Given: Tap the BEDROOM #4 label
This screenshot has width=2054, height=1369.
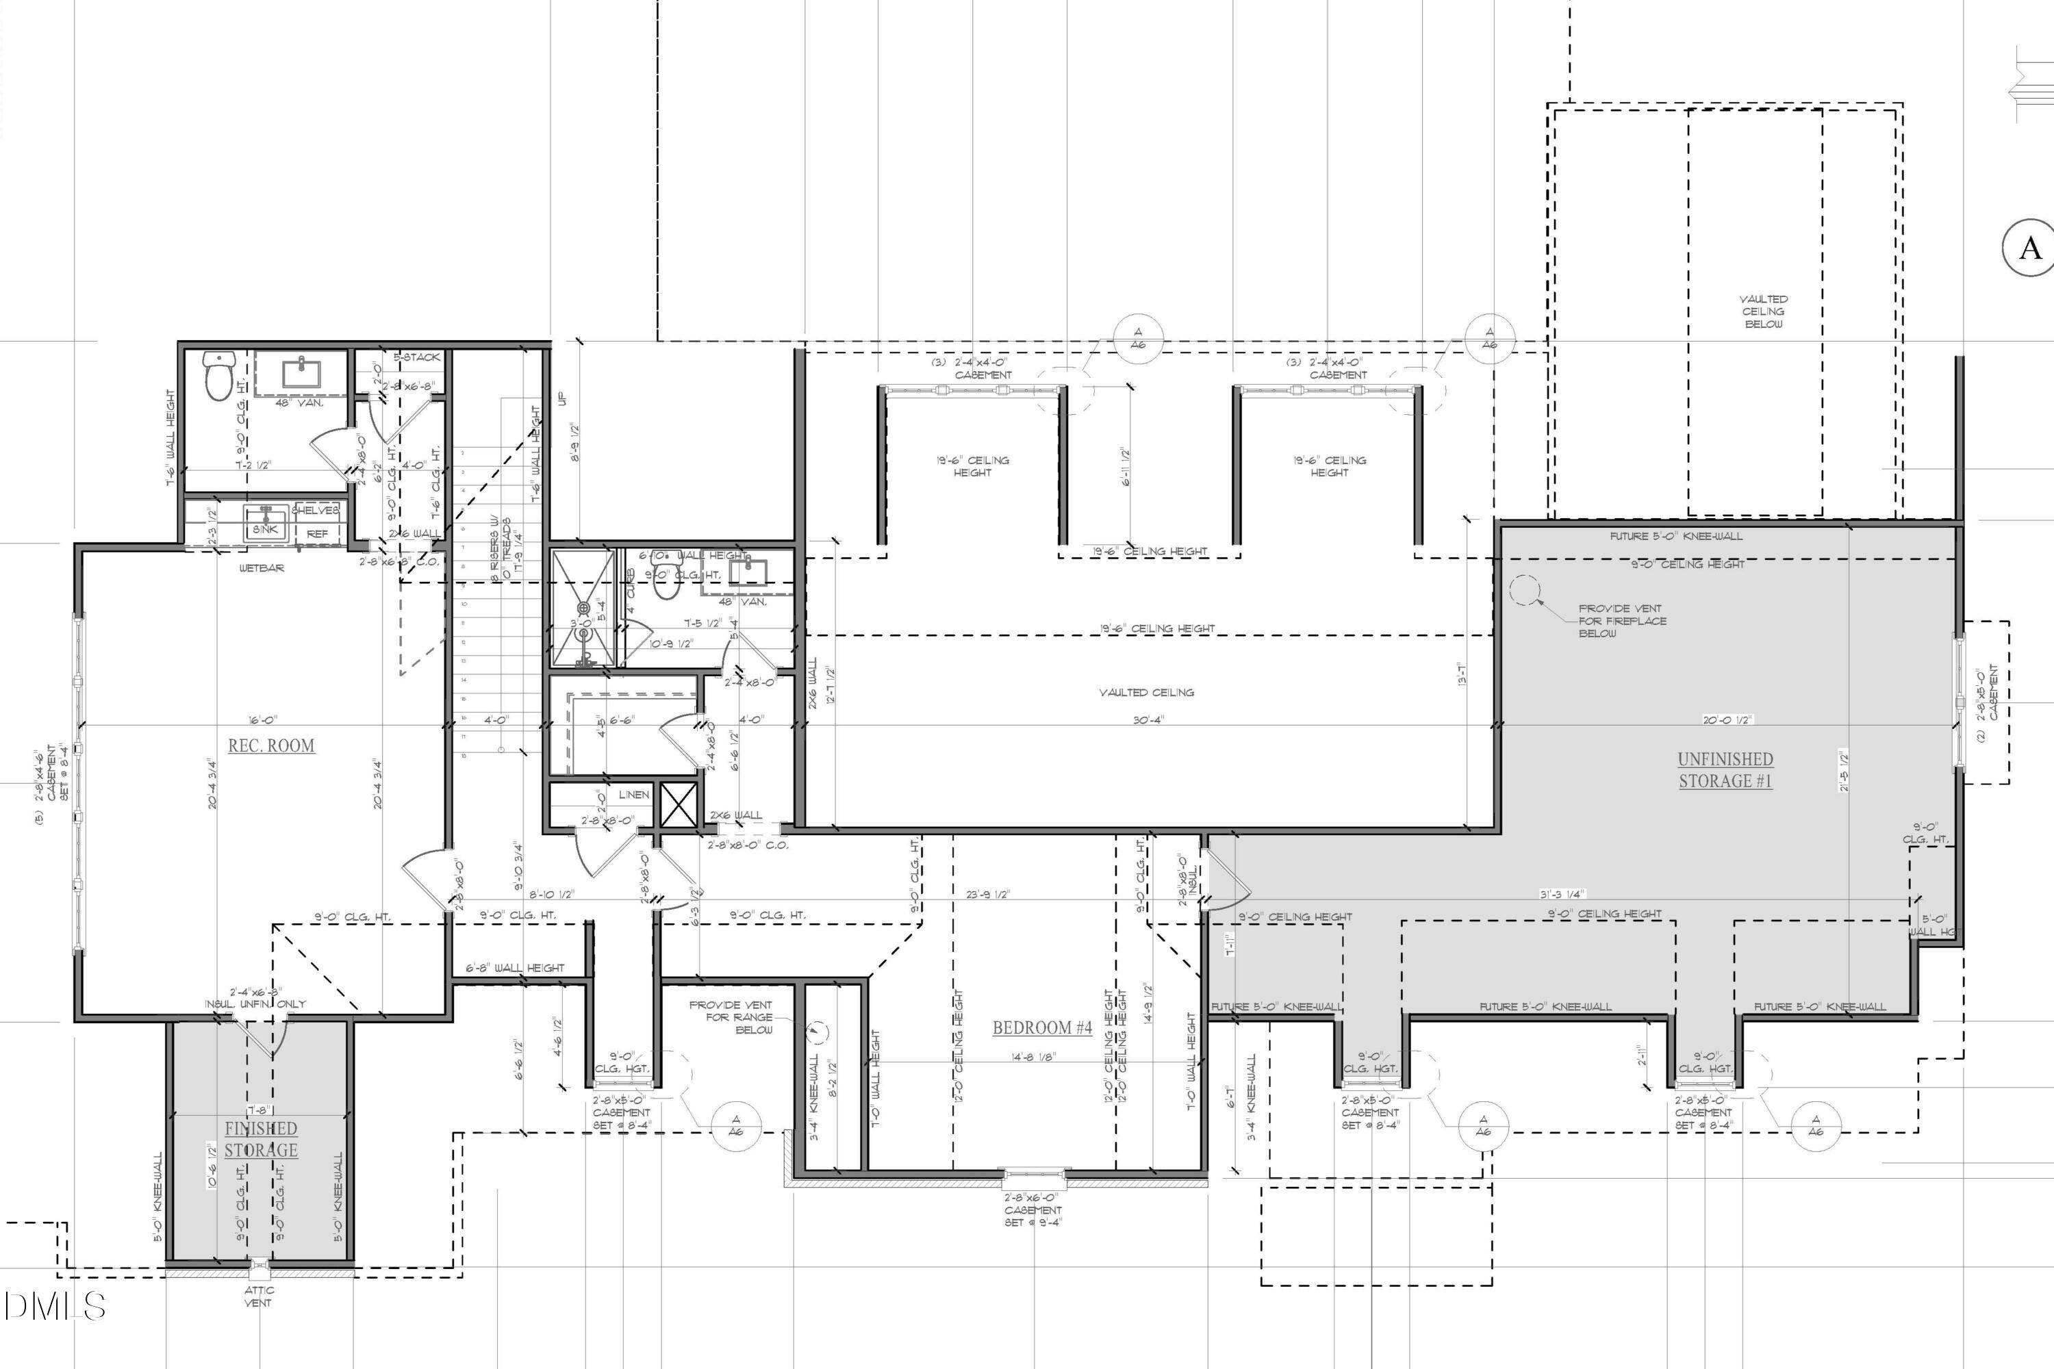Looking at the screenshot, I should coord(1042,1027).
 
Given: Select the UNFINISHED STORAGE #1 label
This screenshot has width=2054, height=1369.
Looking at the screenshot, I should coord(1725,770).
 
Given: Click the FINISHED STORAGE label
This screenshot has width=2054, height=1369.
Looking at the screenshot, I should coord(260,1140).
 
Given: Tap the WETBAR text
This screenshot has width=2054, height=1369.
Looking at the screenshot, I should coord(261,568).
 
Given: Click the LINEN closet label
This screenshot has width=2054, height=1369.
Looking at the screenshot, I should coord(634,795).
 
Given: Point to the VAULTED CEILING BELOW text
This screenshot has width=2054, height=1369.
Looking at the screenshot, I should coord(1762,311).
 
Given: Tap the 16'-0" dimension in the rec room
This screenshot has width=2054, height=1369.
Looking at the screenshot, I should coord(262,719).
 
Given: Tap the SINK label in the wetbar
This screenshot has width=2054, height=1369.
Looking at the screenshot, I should coord(264,530).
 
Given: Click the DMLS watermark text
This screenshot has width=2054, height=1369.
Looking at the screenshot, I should coord(54,1305).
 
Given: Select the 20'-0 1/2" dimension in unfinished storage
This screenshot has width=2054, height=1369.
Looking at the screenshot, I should coord(1727,719).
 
